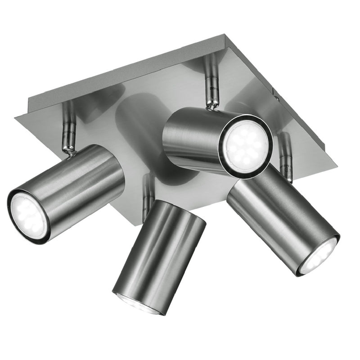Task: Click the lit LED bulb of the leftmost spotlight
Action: (28, 215)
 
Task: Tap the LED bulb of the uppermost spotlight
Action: (247, 145)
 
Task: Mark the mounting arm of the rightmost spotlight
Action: (284, 155)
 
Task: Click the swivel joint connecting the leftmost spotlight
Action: (68, 151)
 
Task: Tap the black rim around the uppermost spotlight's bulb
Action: (269, 135)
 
